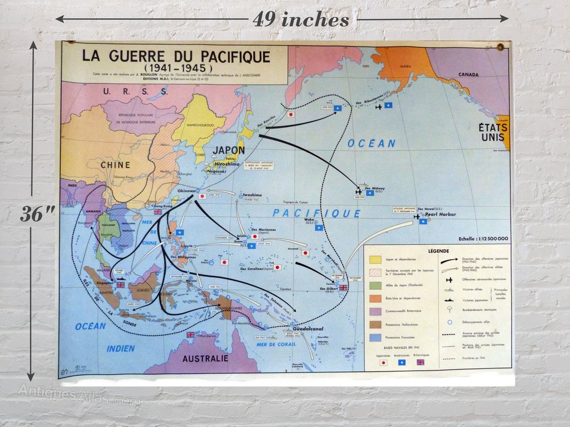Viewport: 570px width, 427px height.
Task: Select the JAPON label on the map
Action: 229,150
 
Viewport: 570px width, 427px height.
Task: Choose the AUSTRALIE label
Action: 206,359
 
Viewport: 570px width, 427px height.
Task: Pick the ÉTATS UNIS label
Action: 494,132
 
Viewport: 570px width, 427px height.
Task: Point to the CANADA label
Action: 469,75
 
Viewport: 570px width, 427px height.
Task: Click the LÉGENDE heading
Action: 437,251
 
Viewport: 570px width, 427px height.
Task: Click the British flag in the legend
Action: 421,362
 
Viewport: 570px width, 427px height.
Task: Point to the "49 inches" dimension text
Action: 301,20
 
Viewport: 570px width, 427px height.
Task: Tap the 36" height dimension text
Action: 38,214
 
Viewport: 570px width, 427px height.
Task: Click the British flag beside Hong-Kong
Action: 157,212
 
